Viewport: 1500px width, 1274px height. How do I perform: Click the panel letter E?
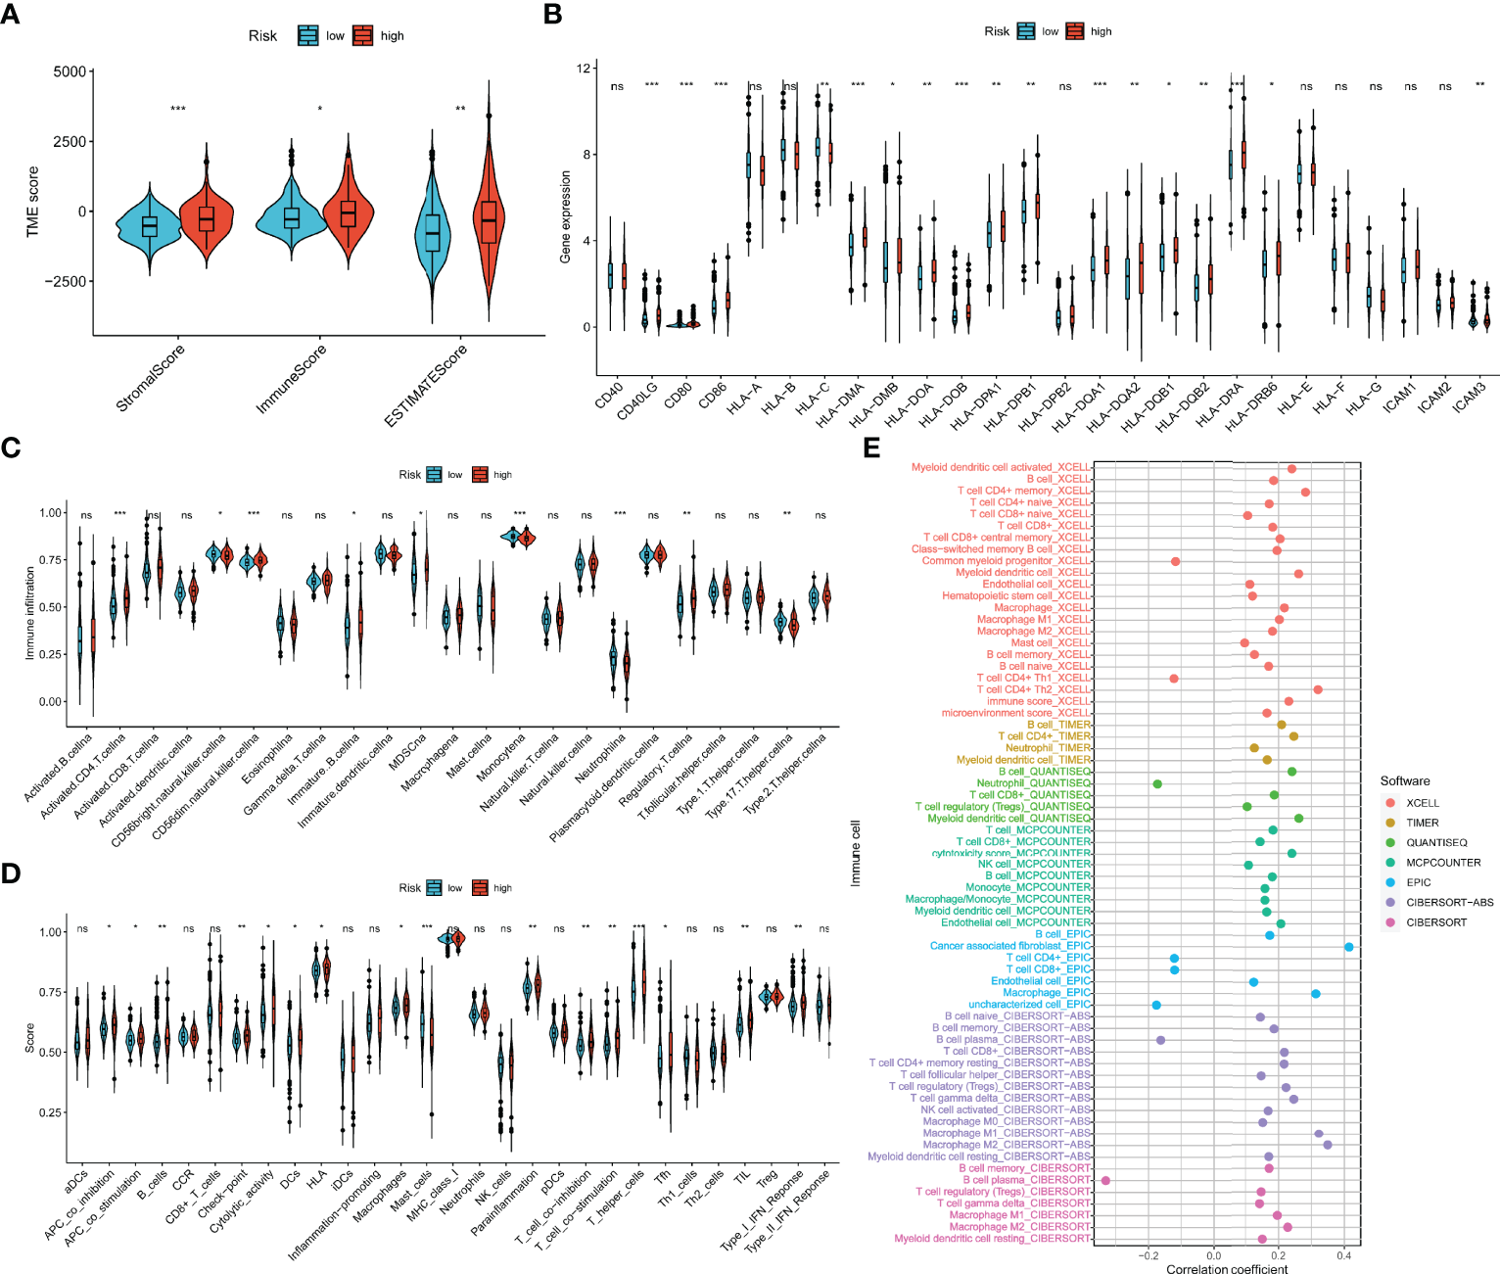click(871, 448)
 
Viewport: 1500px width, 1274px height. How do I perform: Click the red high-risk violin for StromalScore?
click(206, 217)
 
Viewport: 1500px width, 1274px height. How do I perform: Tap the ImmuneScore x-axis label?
click(292, 378)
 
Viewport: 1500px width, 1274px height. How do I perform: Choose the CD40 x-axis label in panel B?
click(609, 395)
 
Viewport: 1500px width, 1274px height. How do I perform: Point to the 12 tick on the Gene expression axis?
click(584, 69)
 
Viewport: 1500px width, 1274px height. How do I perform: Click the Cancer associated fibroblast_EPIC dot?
click(1349, 947)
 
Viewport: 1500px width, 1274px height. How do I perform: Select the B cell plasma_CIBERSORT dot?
click(1105, 1180)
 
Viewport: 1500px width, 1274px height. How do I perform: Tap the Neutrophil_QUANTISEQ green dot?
click(1157, 783)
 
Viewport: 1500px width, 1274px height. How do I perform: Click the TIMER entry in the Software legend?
click(1422, 823)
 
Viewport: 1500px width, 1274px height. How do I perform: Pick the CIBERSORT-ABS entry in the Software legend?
click(1449, 902)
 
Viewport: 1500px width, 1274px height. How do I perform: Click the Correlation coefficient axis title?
click(1227, 1269)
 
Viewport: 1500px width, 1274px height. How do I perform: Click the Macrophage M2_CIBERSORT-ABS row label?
click(1007, 1145)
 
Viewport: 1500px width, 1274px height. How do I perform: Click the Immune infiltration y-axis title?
click(30, 613)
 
